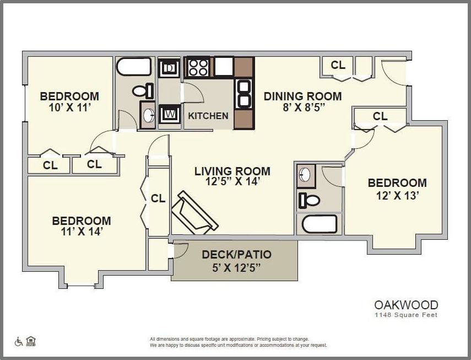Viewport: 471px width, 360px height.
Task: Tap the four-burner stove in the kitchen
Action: point(198,67)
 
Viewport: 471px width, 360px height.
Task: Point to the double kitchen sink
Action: point(243,94)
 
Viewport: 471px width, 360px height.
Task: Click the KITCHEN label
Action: point(208,116)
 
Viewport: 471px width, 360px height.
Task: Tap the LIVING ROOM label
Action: point(232,171)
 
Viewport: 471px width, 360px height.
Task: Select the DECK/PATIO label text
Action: point(236,255)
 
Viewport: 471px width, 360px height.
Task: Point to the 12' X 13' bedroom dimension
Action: point(397,195)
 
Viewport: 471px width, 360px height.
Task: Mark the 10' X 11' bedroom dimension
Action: point(69,108)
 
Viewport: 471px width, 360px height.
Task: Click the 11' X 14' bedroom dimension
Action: point(81,232)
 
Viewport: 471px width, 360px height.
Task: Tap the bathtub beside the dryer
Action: point(134,67)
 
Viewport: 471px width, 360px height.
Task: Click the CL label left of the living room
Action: point(158,198)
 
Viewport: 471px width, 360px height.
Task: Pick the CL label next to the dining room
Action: point(338,65)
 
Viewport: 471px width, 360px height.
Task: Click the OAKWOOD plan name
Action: point(406,305)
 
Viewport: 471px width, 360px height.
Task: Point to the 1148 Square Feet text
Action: point(406,315)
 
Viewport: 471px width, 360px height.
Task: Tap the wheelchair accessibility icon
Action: point(19,341)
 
